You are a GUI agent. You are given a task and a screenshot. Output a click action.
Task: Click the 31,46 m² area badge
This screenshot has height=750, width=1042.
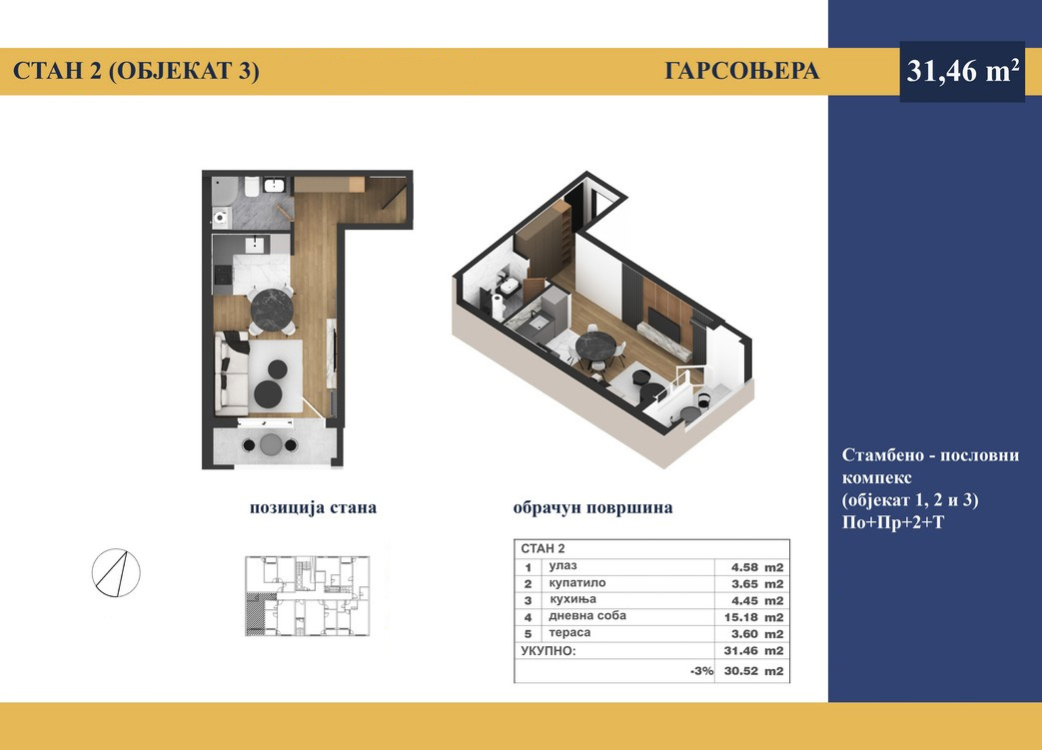[962, 71]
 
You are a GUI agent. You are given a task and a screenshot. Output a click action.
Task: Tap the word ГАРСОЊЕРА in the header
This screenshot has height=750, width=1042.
[741, 71]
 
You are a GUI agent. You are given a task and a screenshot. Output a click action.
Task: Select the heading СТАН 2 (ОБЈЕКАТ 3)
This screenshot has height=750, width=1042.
[136, 71]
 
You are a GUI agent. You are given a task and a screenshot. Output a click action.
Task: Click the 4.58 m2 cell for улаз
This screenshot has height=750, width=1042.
[757, 567]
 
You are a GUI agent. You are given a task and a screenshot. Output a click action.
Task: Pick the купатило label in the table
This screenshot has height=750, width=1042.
[576, 583]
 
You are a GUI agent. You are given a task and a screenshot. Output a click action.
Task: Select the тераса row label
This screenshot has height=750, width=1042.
[569, 633]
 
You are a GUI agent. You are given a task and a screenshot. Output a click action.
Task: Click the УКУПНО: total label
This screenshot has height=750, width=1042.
[548, 651]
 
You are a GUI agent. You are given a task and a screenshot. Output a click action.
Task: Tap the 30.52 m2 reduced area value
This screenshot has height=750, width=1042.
[753, 671]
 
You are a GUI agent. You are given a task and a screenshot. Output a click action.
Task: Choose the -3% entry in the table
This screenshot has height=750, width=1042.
[701, 671]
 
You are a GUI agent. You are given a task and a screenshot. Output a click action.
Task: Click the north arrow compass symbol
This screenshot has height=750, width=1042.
[116, 572]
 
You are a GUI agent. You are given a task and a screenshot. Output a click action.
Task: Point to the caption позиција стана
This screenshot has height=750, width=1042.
[313, 507]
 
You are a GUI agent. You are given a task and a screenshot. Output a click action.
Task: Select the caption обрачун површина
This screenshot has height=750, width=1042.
[592, 507]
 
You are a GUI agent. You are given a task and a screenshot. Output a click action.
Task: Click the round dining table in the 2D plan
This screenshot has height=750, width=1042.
[272, 308]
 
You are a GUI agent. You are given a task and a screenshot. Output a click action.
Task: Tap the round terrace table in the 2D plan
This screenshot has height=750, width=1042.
[271, 444]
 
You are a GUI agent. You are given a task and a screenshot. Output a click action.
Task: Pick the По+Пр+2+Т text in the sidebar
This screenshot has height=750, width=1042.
[892, 523]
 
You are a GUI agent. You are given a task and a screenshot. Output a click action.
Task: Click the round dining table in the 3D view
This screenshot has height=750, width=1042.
[596, 347]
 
